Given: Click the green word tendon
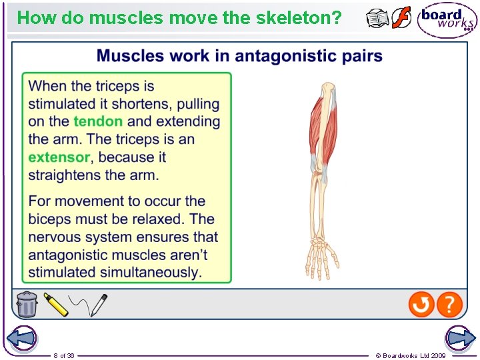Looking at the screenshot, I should (98, 121).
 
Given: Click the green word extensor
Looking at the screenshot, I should (59, 157).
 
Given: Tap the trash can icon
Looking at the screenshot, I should (27, 304).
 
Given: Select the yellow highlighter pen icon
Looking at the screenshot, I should (57, 305).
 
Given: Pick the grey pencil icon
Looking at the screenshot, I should (98, 305).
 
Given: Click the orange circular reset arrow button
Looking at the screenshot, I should (421, 305).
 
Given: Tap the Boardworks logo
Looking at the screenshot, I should (447, 20).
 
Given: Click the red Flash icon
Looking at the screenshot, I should (401, 18).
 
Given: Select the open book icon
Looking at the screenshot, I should (378, 19).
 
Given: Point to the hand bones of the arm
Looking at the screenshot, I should (322, 257).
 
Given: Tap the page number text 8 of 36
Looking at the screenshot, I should (64, 355).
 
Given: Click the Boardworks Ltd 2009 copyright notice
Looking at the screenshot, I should (411, 355).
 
